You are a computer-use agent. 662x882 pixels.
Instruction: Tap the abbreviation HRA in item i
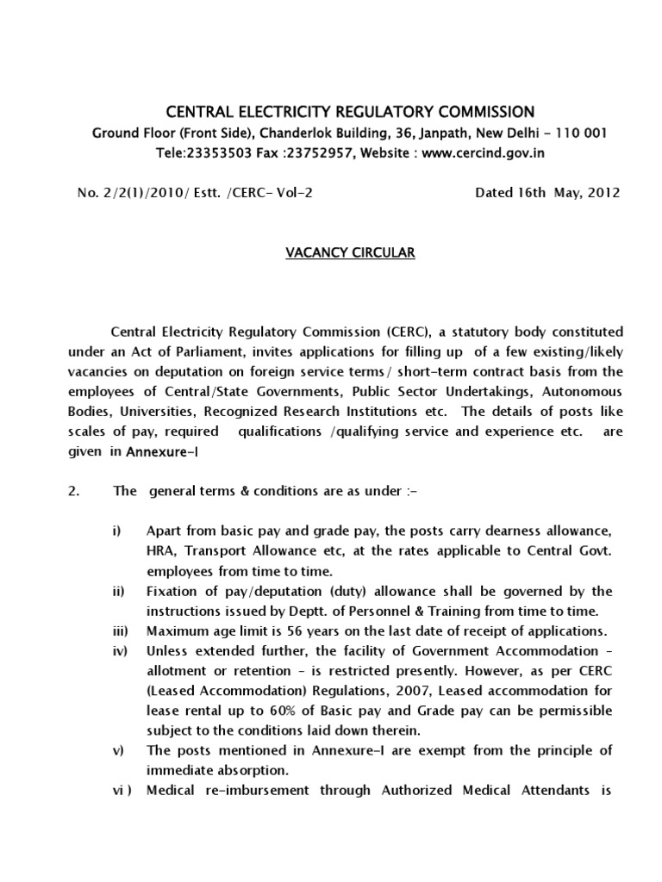(160, 550)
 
